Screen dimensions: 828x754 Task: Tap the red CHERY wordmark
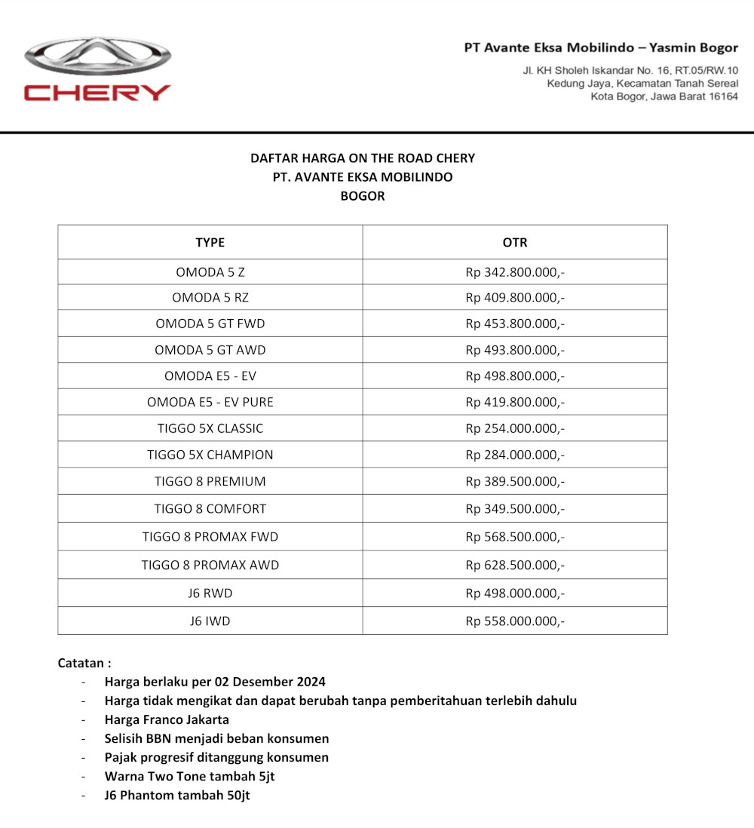tap(97, 93)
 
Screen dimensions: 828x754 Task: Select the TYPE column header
tap(210, 242)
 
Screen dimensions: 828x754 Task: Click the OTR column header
tap(515, 242)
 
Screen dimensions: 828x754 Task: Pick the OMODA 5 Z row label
tap(210, 271)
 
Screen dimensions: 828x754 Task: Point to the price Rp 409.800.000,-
tap(515, 297)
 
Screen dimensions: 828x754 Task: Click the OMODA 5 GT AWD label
tap(210, 350)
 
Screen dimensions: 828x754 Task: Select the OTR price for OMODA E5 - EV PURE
tap(515, 402)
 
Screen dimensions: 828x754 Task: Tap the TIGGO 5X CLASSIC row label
tap(210, 428)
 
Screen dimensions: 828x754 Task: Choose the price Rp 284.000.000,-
tap(515, 455)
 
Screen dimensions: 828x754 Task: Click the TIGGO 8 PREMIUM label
tap(210, 481)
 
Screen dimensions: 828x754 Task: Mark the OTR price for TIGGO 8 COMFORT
tap(515, 508)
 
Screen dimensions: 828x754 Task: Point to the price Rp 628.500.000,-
tap(515, 565)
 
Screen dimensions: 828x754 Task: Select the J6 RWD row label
tap(210, 593)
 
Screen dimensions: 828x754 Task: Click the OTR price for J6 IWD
tap(515, 621)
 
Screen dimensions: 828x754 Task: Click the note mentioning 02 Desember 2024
tap(215, 682)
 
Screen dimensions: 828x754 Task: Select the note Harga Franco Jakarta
tap(167, 719)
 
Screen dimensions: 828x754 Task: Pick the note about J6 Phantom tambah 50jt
tap(177, 795)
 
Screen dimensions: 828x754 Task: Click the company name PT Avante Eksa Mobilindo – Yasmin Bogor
tap(601, 48)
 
